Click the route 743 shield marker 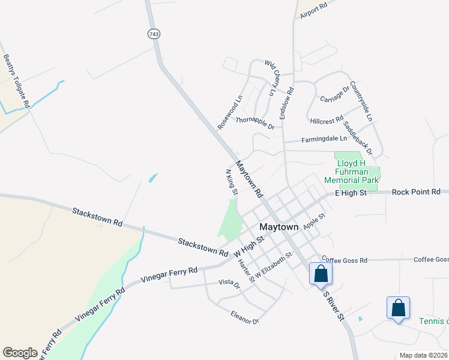point(154,34)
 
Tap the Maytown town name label point(279,227)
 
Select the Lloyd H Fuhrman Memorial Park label point(352,172)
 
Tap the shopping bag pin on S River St point(321,274)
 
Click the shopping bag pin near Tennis point(398,308)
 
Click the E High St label point(351,193)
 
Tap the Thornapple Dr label point(255,123)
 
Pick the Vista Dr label point(229,283)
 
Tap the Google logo point(20,353)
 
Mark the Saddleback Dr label point(358,139)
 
